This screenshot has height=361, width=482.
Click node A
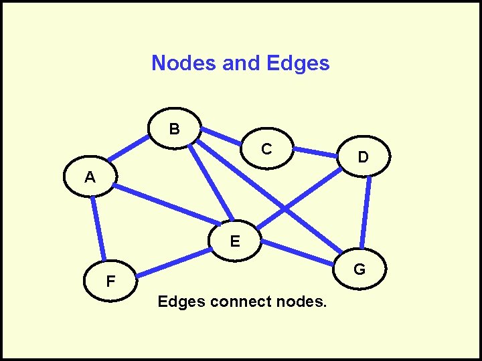90,178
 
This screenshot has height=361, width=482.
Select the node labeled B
174,127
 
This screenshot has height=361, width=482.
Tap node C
266,149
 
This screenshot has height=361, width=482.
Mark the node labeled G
359,269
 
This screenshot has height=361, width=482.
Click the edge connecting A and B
130,152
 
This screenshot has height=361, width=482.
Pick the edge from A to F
98,228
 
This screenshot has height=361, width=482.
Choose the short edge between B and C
220,136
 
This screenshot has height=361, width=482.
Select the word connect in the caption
240,302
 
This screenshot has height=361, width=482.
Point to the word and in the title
241,63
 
